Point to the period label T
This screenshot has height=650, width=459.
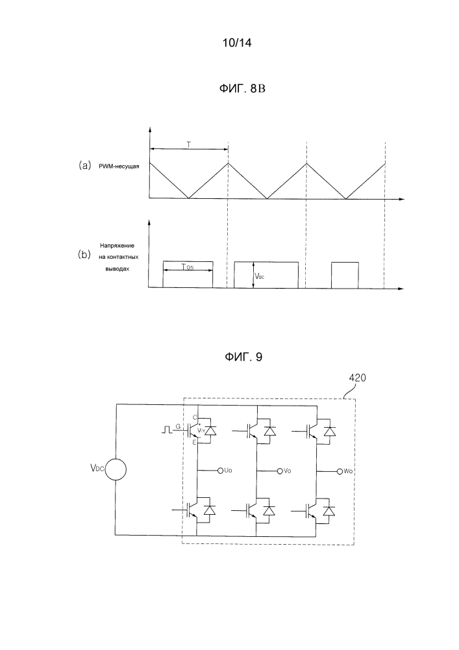tap(188, 144)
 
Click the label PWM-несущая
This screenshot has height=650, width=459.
tap(119, 166)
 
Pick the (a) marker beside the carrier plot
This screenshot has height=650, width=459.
tap(84, 166)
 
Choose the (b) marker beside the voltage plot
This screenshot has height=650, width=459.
tap(84, 255)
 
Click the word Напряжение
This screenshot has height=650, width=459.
tap(117, 245)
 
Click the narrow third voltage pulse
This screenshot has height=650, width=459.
tap(344, 274)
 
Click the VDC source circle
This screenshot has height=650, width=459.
tap(117, 470)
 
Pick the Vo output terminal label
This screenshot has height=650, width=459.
tap(286, 470)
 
